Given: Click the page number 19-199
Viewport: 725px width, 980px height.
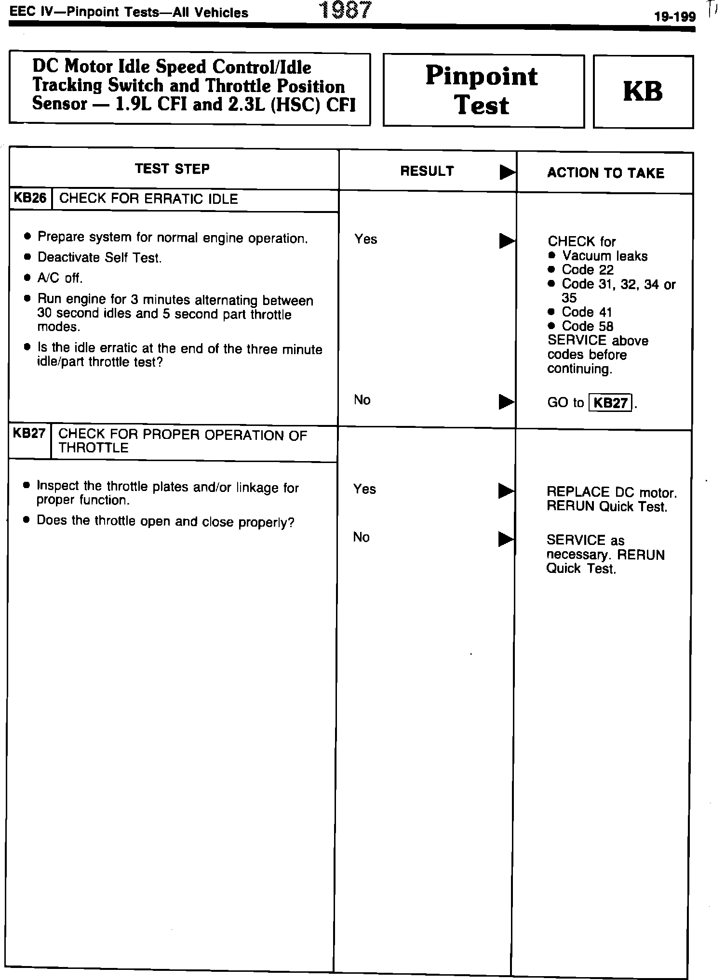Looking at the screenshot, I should [x=674, y=17].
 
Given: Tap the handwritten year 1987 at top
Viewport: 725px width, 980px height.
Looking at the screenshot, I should [x=346, y=10].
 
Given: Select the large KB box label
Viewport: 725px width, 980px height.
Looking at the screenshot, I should [x=643, y=91].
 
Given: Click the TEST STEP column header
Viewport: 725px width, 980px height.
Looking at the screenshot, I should [x=173, y=169].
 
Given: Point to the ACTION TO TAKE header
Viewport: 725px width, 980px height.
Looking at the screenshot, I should [x=605, y=173].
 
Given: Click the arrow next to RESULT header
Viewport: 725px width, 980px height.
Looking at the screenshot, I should [x=507, y=172].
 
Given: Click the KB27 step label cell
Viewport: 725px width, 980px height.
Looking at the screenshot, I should [x=29, y=434].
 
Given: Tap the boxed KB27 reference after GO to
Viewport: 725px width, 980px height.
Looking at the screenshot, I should [x=611, y=402].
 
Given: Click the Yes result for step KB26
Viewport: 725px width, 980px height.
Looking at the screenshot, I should [x=365, y=239].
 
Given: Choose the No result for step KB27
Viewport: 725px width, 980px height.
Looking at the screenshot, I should [x=361, y=537].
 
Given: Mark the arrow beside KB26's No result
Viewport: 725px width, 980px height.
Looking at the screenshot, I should [x=506, y=401].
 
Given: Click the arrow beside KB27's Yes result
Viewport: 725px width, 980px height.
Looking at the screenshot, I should [x=506, y=490].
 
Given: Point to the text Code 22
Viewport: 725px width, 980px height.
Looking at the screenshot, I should [x=587, y=270].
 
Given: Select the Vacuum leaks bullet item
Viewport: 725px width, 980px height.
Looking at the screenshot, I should [x=604, y=256].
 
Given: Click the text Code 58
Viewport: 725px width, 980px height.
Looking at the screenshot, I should [x=587, y=326].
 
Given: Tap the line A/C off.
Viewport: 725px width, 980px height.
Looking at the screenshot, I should [x=60, y=278].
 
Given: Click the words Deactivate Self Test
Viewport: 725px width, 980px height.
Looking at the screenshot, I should [x=99, y=258].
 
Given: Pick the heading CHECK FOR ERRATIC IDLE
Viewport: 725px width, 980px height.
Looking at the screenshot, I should [x=148, y=199].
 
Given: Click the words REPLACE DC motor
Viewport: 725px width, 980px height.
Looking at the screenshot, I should [x=611, y=492].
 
